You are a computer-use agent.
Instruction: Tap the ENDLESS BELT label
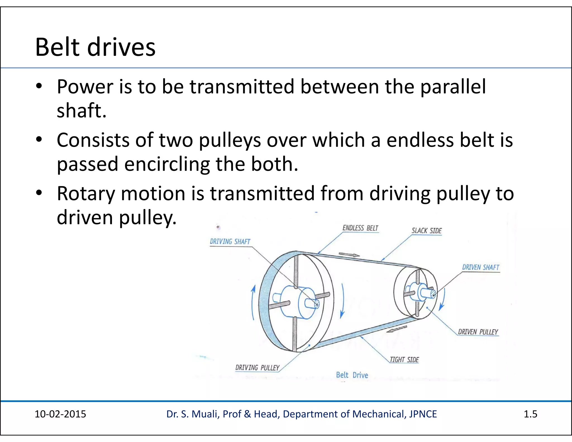[x=360, y=228]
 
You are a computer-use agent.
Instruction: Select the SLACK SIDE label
[x=426, y=231]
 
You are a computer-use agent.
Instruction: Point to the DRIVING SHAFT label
[x=230, y=242]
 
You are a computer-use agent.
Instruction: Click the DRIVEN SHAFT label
[x=480, y=267]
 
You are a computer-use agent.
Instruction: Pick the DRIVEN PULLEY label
[x=478, y=332]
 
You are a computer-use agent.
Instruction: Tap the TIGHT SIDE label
[x=404, y=360]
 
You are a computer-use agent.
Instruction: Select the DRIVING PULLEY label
[x=257, y=368]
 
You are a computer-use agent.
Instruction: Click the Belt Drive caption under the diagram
[x=352, y=375]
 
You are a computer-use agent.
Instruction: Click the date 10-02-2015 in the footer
[x=60, y=414]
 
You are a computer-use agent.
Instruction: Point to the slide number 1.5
[x=530, y=414]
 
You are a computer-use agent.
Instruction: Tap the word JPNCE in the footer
[x=423, y=414]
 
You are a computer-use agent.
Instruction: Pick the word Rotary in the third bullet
[x=86, y=193]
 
